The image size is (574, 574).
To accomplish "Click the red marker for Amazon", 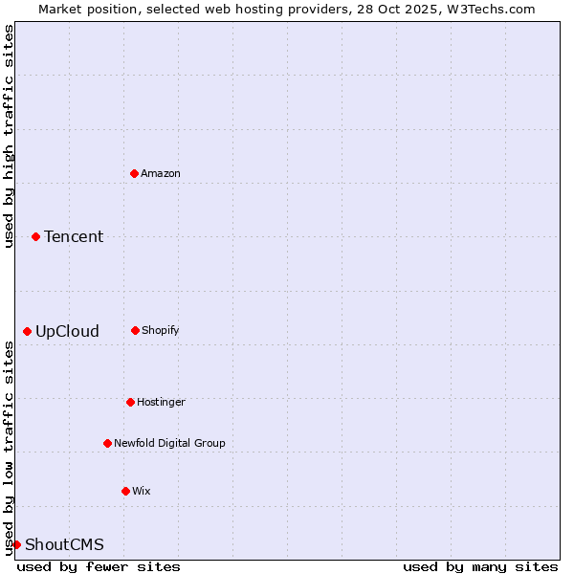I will [134, 173].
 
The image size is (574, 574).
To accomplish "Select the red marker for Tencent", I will [35, 236].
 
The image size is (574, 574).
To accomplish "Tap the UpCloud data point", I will [27, 331].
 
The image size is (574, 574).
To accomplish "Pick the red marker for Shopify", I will [135, 330].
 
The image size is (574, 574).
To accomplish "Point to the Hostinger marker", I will [130, 402].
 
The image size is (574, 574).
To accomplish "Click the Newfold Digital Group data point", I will [107, 443].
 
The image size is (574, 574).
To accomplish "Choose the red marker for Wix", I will [125, 491].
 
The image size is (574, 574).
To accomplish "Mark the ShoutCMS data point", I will [16, 544].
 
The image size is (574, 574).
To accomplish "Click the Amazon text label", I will [161, 173].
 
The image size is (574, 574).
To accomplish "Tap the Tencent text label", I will [74, 236].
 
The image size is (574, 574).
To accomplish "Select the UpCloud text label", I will [67, 331].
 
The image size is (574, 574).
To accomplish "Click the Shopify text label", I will [161, 330].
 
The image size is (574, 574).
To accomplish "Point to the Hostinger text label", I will [161, 402].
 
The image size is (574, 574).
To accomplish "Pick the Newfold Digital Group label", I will [169, 443].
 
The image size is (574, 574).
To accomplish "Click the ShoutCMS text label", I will [64, 544].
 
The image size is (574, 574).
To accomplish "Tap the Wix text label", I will [142, 491].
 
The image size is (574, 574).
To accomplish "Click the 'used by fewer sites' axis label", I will [99, 566].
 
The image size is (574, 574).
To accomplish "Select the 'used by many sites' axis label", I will [480, 566].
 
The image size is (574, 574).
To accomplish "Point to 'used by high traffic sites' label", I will [9, 136].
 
